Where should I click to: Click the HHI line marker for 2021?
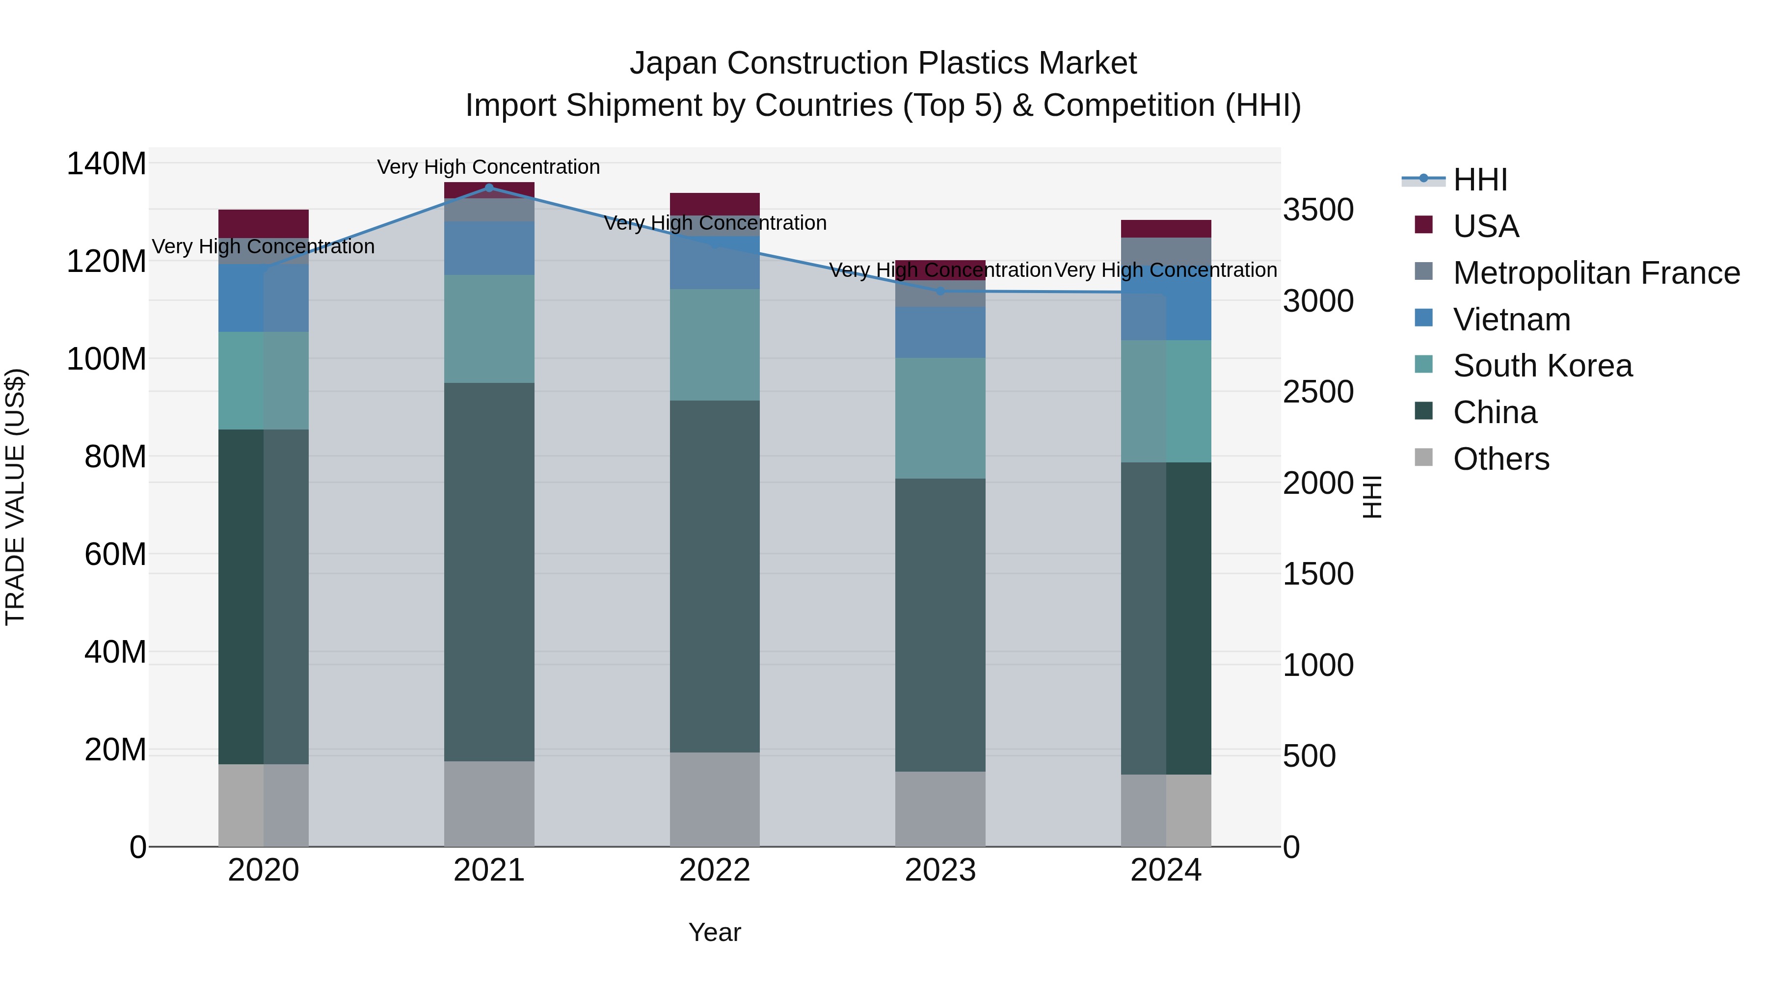point(489,188)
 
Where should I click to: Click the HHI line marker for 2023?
point(940,291)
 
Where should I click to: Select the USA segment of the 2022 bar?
point(715,204)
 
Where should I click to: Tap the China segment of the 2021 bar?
point(489,571)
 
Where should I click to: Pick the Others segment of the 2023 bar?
point(940,809)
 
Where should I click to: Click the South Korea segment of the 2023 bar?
point(940,418)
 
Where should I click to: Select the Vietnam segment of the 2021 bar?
point(489,248)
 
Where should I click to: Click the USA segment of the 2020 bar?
point(264,223)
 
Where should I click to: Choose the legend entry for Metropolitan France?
point(1596,273)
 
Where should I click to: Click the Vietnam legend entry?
point(1511,320)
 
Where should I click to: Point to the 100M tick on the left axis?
point(107,359)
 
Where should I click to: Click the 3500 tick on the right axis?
point(1318,210)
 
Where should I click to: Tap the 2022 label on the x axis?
point(715,870)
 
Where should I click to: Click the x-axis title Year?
point(715,932)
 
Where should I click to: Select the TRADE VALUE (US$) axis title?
point(15,497)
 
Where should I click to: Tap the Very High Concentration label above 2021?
point(488,167)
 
